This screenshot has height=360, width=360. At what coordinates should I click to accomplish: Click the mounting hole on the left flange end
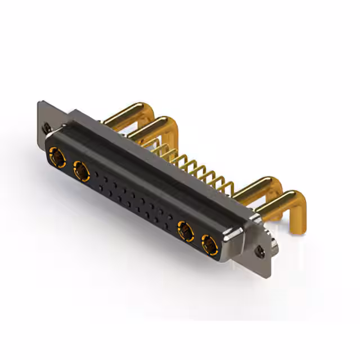tap(47, 127)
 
